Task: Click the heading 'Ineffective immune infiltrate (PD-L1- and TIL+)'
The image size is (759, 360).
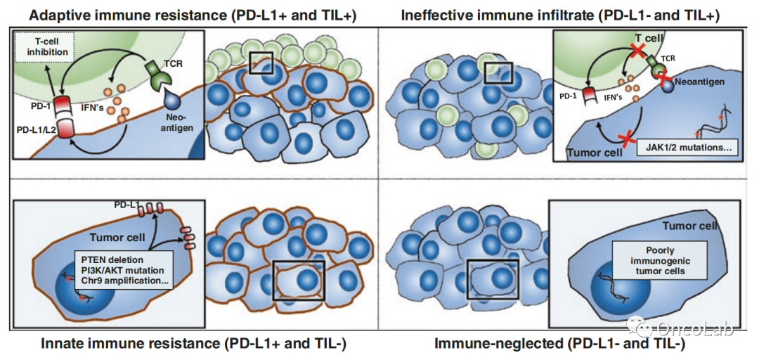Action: click(x=564, y=14)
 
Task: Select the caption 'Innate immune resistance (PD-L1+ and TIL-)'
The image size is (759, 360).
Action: click(x=193, y=344)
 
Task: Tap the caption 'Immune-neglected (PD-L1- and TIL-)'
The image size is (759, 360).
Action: click(x=559, y=344)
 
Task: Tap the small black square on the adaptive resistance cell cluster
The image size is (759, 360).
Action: click(x=261, y=62)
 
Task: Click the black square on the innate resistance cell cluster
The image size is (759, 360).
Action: click(x=298, y=281)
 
